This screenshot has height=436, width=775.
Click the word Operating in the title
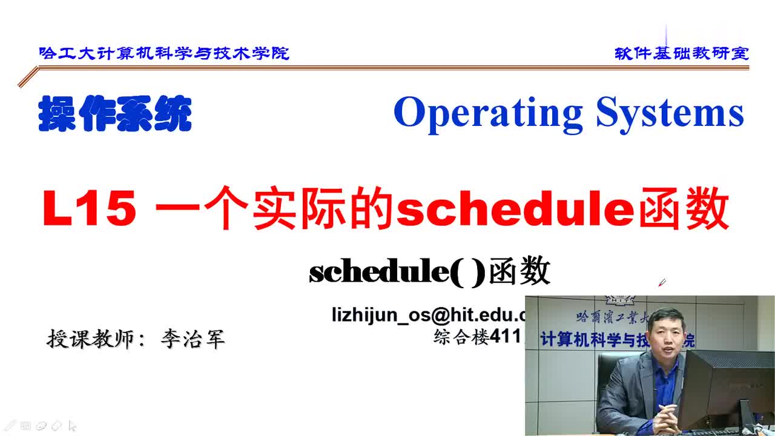pyautogui.click(x=488, y=113)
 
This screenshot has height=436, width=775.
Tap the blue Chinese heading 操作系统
pyautogui.click(x=115, y=114)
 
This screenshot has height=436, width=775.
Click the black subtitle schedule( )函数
pyautogui.click(x=429, y=272)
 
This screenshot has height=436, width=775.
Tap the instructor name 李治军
pyautogui.click(x=193, y=339)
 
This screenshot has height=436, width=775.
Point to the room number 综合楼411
pyautogui.click(x=477, y=336)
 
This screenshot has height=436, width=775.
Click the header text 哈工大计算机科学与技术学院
pyautogui.click(x=164, y=53)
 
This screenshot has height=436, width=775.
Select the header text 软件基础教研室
pyautogui.click(x=681, y=53)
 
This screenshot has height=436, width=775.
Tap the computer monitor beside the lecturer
pyautogui.click(x=724, y=388)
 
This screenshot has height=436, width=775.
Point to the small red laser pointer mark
pyautogui.click(x=662, y=282)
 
